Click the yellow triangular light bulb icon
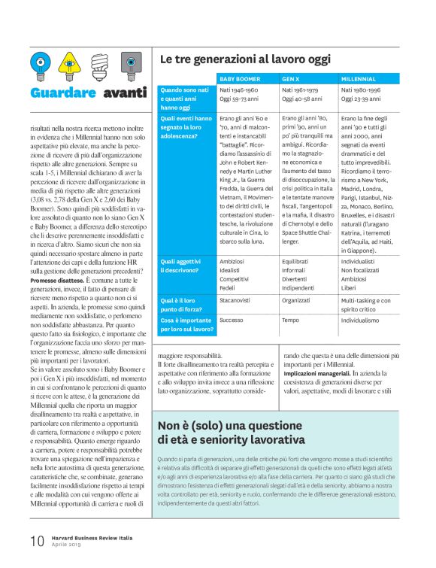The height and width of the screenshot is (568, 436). pyautogui.click(x=68, y=64)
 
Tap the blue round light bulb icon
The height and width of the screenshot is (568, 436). pyautogui.click(x=41, y=64)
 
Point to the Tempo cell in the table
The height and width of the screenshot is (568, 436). pyautogui.click(x=290, y=319)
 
